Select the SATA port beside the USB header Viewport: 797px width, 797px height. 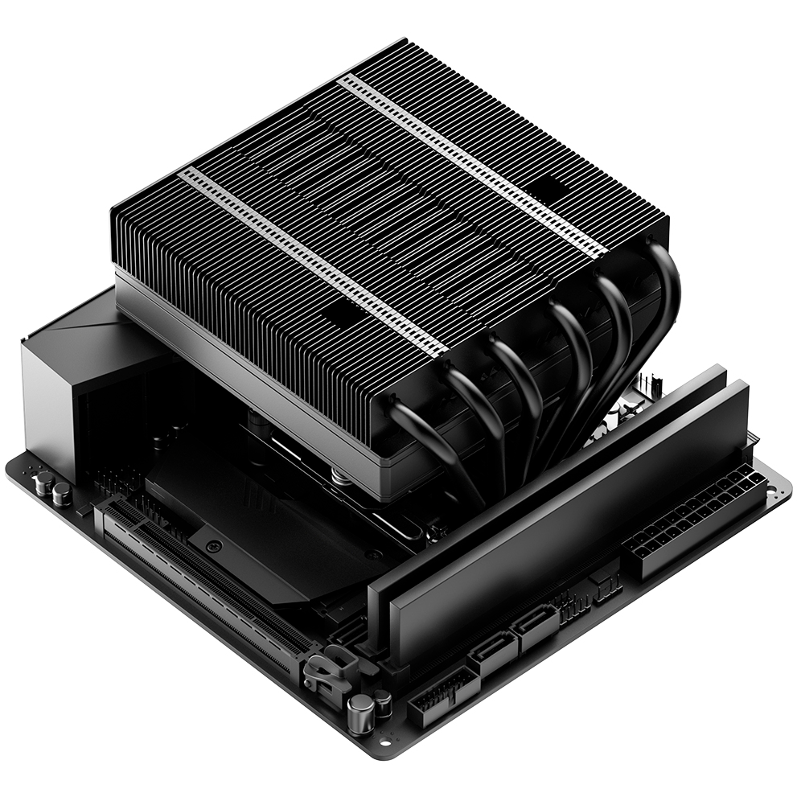(490, 655)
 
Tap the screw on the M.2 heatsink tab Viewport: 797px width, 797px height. (213, 546)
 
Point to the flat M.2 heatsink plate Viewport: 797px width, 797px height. (241, 515)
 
